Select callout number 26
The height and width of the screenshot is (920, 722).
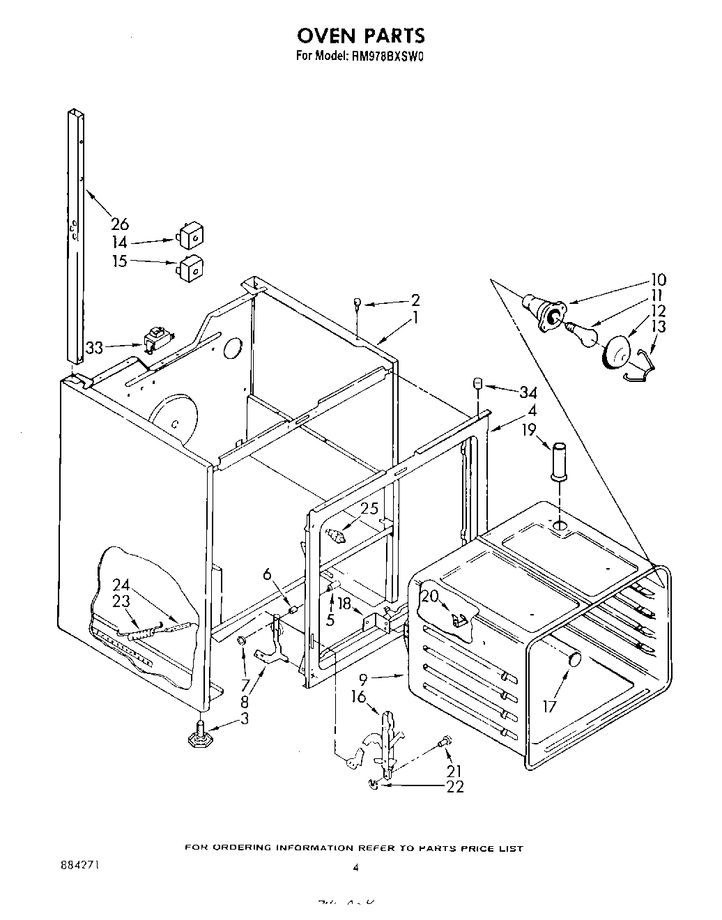(120, 224)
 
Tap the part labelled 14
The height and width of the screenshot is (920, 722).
(189, 236)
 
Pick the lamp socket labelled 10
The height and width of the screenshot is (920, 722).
(544, 310)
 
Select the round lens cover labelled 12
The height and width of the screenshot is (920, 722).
(617, 354)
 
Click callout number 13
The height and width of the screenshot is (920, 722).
(658, 326)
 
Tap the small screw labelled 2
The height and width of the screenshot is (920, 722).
(357, 302)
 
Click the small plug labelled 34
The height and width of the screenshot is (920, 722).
(478, 383)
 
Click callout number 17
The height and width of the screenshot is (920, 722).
(551, 707)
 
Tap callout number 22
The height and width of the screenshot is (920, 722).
(455, 787)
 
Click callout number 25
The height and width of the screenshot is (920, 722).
(369, 509)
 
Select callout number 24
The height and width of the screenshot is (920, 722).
(121, 584)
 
